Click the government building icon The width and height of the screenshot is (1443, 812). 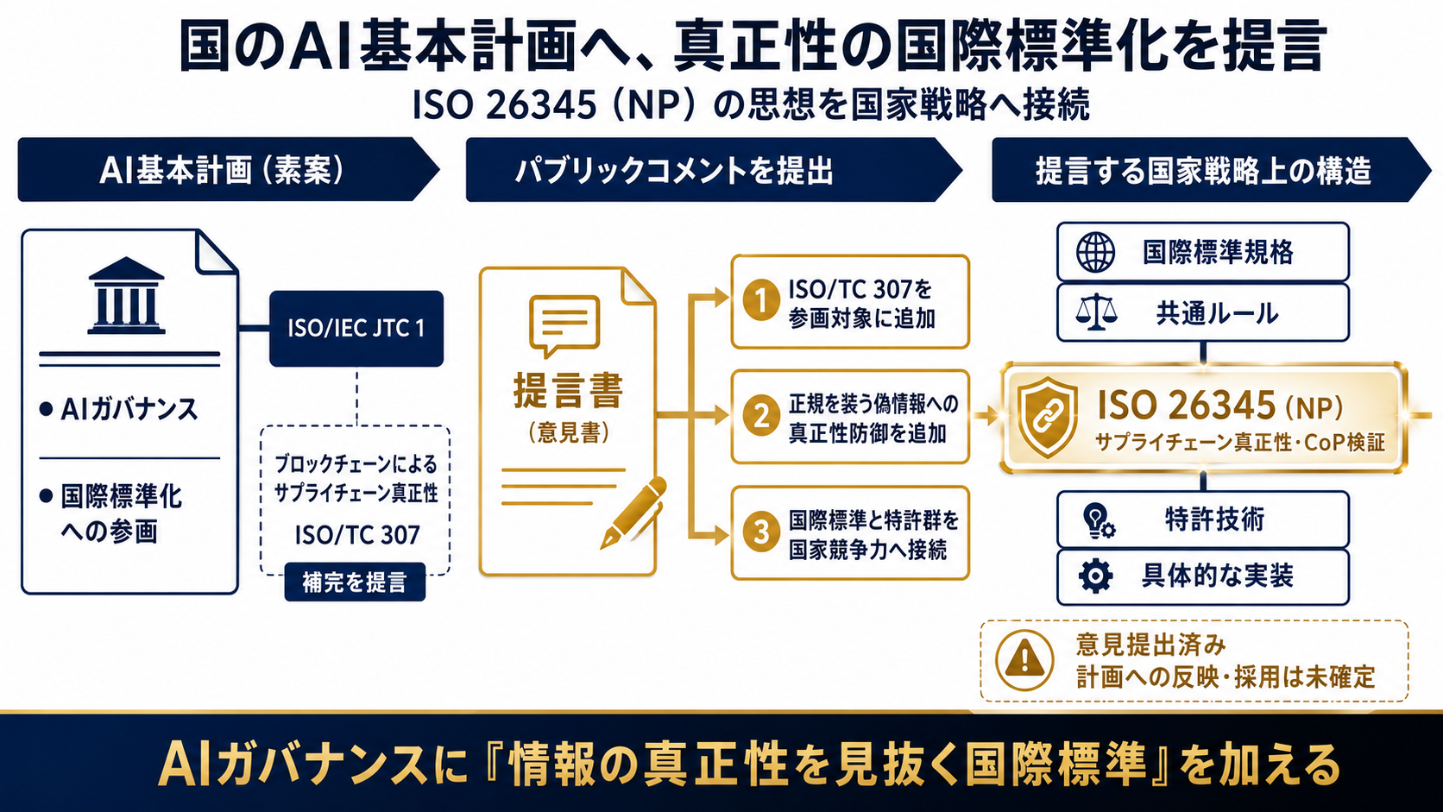pyautogui.click(x=126, y=296)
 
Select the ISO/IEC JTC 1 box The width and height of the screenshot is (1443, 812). pyautogui.click(x=356, y=329)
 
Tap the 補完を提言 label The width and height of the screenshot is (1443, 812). pyautogui.click(x=355, y=582)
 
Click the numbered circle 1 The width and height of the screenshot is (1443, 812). pyautogui.click(x=761, y=299)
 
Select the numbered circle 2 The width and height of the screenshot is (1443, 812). pyautogui.click(x=761, y=415)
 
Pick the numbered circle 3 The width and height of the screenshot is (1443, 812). pyautogui.click(x=761, y=532)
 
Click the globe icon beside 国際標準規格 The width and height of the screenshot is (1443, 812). pyautogui.click(x=1096, y=252)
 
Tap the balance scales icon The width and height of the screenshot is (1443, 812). pyautogui.click(x=1096, y=312)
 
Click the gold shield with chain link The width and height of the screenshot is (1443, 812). pyautogui.click(x=1047, y=417)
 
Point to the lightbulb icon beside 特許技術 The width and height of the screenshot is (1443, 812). pyautogui.click(x=1098, y=520)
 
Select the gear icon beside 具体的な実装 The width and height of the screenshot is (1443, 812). pyautogui.click(x=1096, y=576)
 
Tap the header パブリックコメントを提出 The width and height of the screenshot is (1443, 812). pyautogui.click(x=674, y=171)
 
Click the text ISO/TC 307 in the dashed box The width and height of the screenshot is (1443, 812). pyautogui.click(x=357, y=535)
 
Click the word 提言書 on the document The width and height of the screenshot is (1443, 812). pyautogui.click(x=568, y=390)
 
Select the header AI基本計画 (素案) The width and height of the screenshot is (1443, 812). pyautogui.click(x=223, y=171)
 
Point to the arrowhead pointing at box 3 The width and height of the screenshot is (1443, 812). pyautogui.click(x=721, y=535)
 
